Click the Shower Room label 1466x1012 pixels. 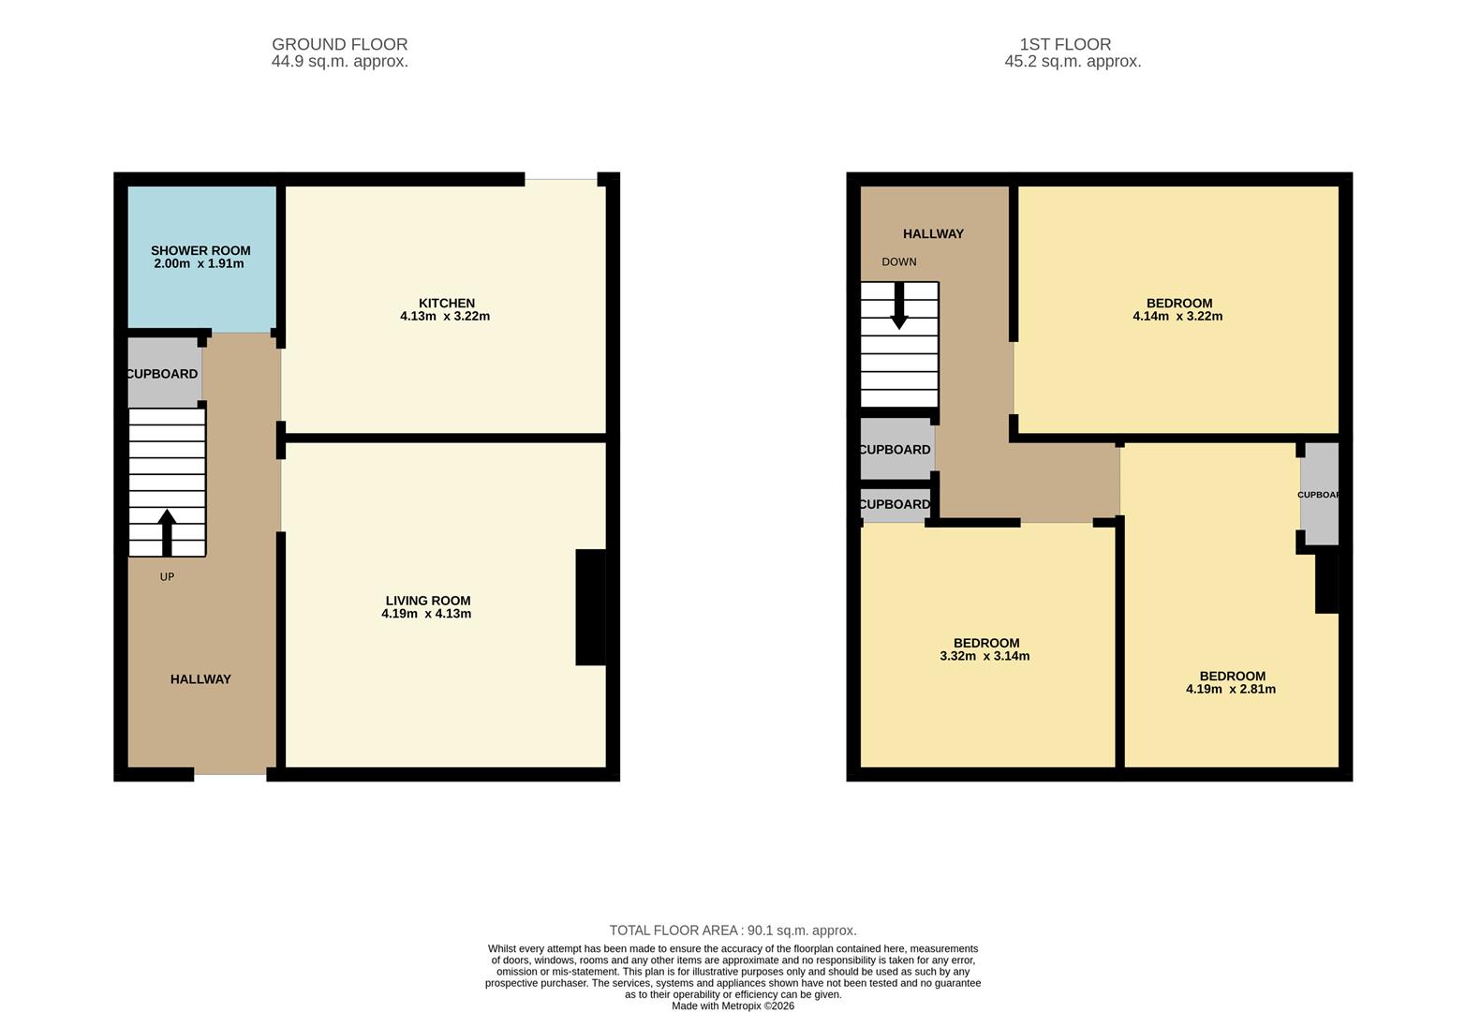(x=200, y=250)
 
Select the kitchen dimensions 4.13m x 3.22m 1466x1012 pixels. (x=445, y=317)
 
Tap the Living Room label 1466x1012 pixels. (x=428, y=601)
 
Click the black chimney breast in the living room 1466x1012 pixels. (x=590, y=607)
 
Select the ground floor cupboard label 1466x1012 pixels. (x=162, y=374)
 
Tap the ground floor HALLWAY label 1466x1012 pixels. (x=200, y=679)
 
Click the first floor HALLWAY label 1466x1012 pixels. (x=933, y=234)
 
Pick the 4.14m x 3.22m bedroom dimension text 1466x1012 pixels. (x=1177, y=317)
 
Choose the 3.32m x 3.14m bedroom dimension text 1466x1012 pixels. (x=985, y=657)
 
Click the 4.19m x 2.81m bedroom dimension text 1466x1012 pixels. (x=1231, y=690)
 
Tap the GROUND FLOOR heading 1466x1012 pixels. (x=339, y=44)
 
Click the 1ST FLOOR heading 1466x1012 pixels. (x=1065, y=44)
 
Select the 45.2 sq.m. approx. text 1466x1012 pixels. (x=1073, y=62)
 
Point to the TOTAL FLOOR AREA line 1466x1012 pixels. (x=733, y=930)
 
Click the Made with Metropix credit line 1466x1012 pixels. (x=733, y=1005)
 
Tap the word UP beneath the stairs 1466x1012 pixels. (x=167, y=577)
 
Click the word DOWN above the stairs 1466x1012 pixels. (x=899, y=262)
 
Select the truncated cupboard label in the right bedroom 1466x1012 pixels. (x=1319, y=495)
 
